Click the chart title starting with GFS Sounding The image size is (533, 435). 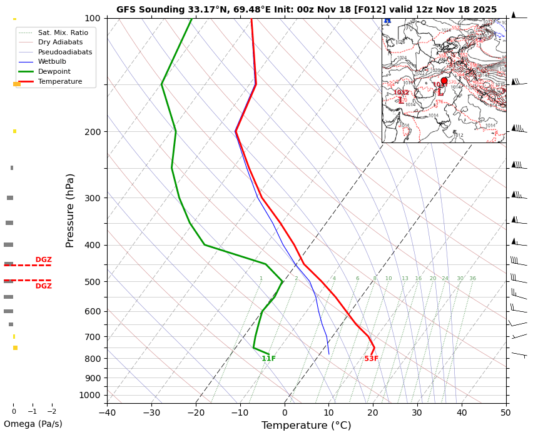[x=306, y=9]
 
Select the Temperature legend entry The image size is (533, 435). [x=60, y=82]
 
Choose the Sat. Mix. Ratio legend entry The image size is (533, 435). [x=63, y=32]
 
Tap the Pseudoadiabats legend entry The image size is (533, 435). [x=65, y=52]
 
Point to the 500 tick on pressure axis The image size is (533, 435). [x=92, y=282]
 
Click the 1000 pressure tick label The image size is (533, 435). [x=90, y=395]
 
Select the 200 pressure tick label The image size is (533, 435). [x=92, y=132]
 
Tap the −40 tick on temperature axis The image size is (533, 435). [x=107, y=412]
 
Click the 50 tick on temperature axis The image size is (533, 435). [x=505, y=412]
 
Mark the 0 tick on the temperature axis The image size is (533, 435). [x=285, y=412]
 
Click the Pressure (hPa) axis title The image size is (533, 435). [x=70, y=210]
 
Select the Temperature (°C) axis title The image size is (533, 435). [x=306, y=426]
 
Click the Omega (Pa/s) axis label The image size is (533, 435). [x=33, y=424]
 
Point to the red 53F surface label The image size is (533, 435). [x=371, y=359]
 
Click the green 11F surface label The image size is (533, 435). [x=268, y=359]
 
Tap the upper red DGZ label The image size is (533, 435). [x=43, y=260]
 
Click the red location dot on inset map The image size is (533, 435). [x=444, y=81]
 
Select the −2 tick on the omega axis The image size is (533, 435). [x=52, y=412]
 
